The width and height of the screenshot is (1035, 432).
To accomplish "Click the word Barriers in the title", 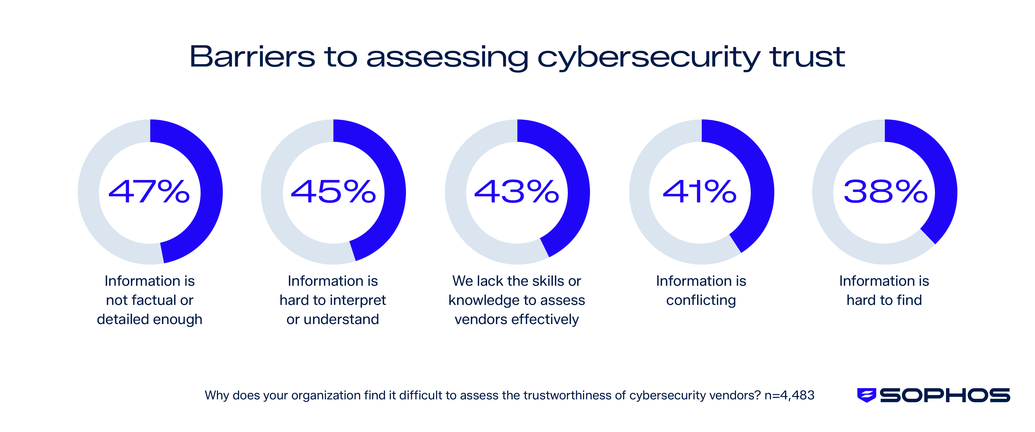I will (252, 57).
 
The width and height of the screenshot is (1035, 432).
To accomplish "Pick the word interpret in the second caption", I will (358, 301).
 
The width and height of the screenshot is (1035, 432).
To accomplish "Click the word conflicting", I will (701, 301).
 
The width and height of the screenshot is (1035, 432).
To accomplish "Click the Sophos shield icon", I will (866, 395).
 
